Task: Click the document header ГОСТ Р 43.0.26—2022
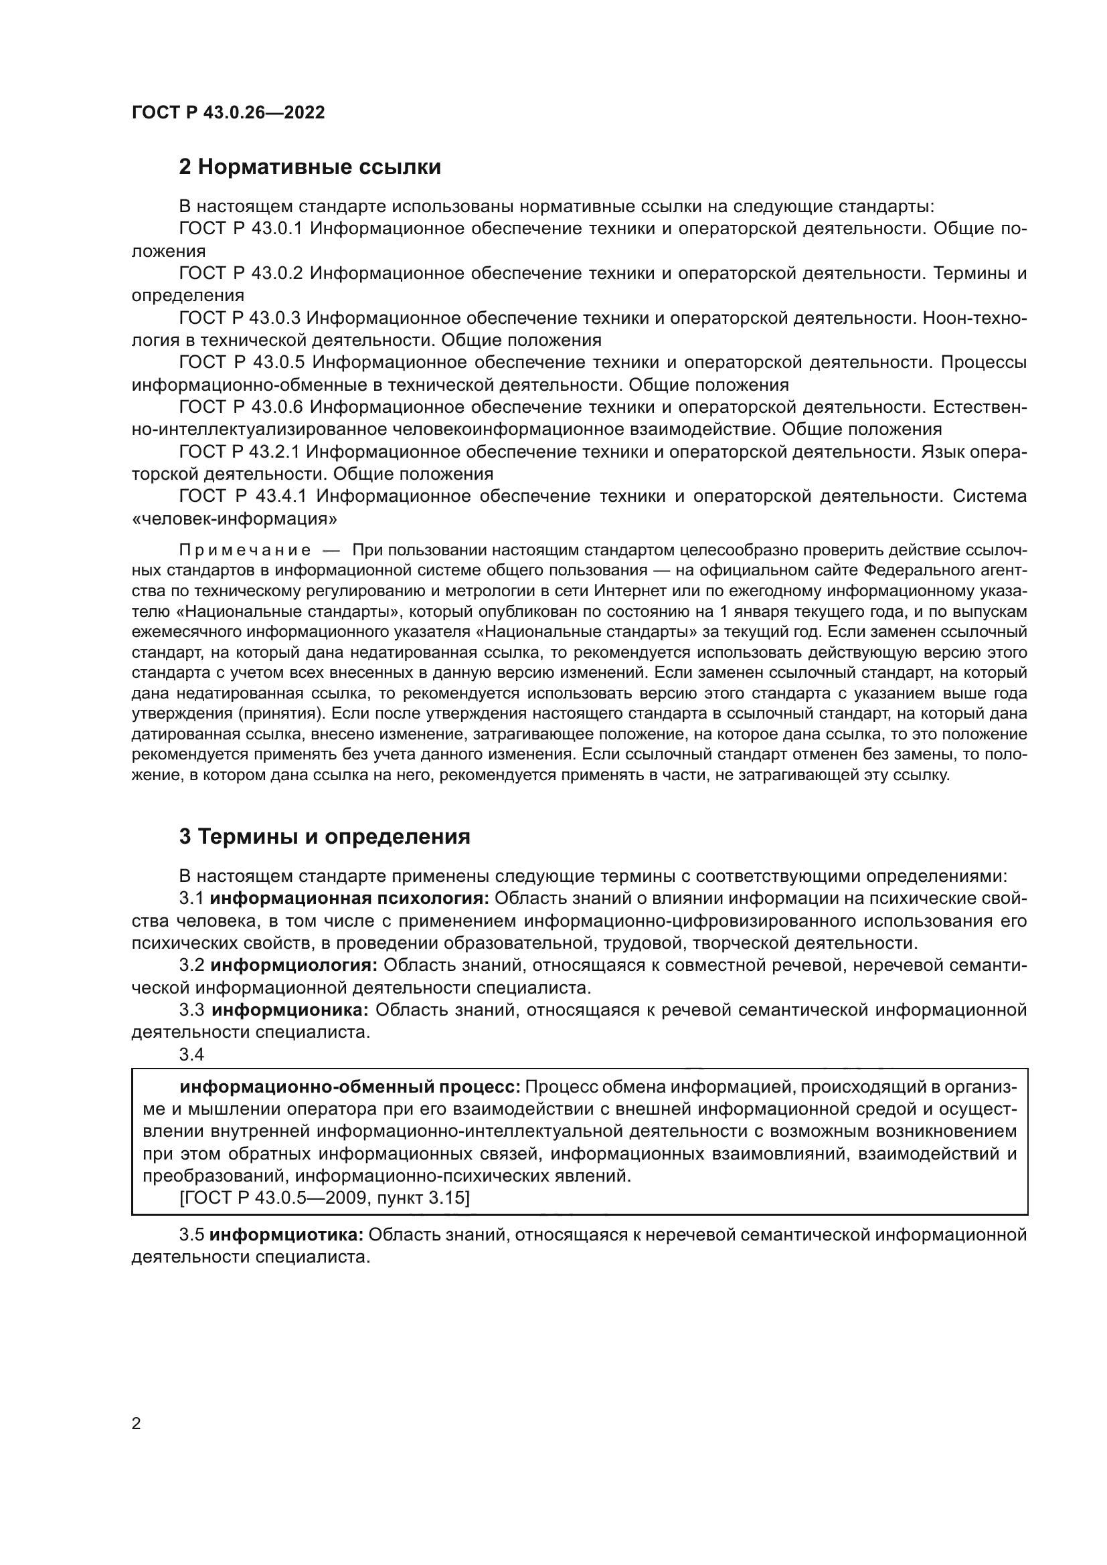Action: [x=228, y=112]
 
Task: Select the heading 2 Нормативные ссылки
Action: [x=310, y=167]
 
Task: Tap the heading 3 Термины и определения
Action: [x=325, y=837]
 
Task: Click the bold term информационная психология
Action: [x=349, y=899]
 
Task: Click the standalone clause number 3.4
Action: [x=191, y=1054]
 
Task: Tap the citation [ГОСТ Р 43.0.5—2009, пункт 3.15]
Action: [x=325, y=1198]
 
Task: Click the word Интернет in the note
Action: [x=627, y=590]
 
